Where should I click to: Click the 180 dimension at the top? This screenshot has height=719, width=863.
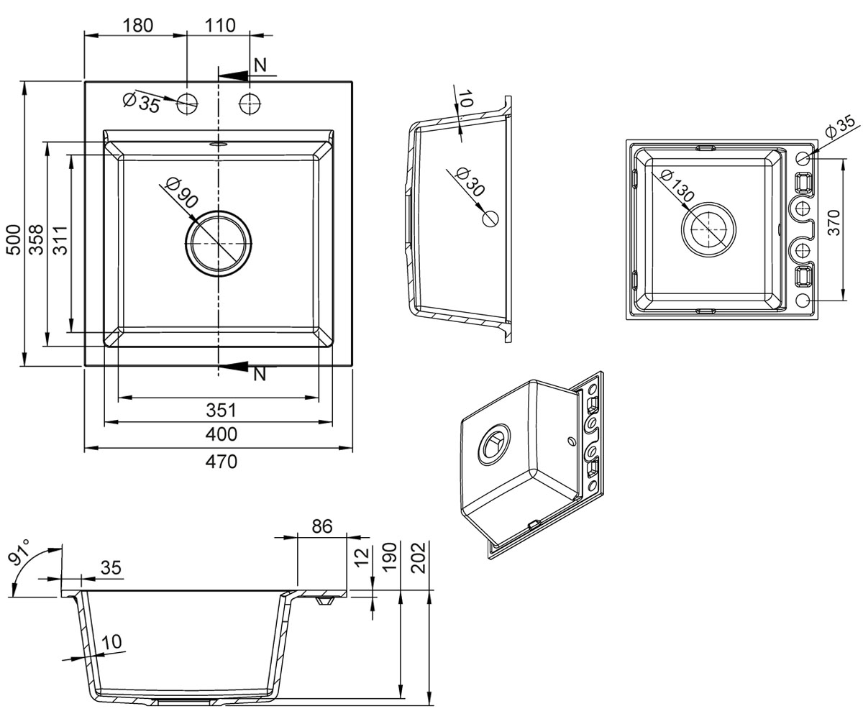coord(137,25)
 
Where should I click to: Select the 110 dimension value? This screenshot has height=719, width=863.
coord(220,25)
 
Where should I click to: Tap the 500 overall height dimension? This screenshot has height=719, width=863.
coord(14,239)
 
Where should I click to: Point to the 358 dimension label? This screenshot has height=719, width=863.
coord(37,239)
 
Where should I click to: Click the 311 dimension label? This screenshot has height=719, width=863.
coord(60,240)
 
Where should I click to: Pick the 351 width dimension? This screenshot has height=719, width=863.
coord(221,410)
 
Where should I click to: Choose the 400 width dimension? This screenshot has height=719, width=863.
coord(221,434)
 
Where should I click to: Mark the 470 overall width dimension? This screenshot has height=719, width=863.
coord(221,462)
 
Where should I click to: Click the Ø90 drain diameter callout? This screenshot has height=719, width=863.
coord(181,193)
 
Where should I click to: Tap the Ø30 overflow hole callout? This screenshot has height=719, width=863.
coord(470,181)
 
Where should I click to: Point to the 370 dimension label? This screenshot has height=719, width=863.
coord(834,223)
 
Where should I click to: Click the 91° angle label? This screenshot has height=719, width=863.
coord(20,551)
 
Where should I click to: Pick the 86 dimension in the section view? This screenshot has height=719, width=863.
coord(322,526)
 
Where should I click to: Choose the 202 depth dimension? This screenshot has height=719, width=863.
coord(419,558)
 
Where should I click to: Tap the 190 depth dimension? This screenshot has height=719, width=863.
coord(390,558)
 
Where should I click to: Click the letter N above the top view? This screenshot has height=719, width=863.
coord(260,65)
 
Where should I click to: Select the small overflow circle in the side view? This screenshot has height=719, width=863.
coord(490,218)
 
